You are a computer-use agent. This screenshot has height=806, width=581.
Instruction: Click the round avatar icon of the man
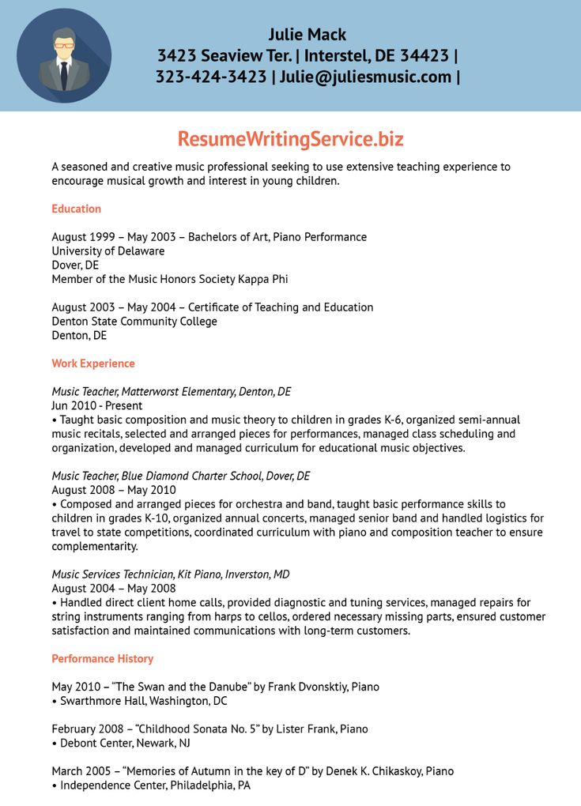pyautogui.click(x=64, y=55)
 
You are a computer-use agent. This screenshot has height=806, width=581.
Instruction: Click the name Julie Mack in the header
pyautogui.click(x=307, y=34)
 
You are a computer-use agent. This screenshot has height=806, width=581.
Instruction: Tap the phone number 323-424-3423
pyautogui.click(x=210, y=77)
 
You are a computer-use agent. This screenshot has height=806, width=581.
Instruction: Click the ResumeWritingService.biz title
pyautogui.click(x=290, y=139)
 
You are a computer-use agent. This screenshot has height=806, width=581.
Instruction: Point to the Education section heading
pyautogui.click(x=77, y=209)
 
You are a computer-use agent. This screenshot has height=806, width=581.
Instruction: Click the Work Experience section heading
pyautogui.click(x=93, y=363)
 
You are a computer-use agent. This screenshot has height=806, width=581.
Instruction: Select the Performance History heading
pyautogui.click(x=103, y=658)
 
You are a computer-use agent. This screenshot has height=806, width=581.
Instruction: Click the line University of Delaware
pyautogui.click(x=108, y=251)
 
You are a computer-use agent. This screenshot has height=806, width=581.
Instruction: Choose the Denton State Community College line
pyautogui.click(x=134, y=322)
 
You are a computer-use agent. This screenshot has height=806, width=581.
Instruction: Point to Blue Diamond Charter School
pyautogui.click(x=189, y=476)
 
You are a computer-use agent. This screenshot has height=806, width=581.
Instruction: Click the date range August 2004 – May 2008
pyautogui.click(x=114, y=588)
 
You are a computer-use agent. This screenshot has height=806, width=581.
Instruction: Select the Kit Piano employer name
pyautogui.click(x=194, y=574)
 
